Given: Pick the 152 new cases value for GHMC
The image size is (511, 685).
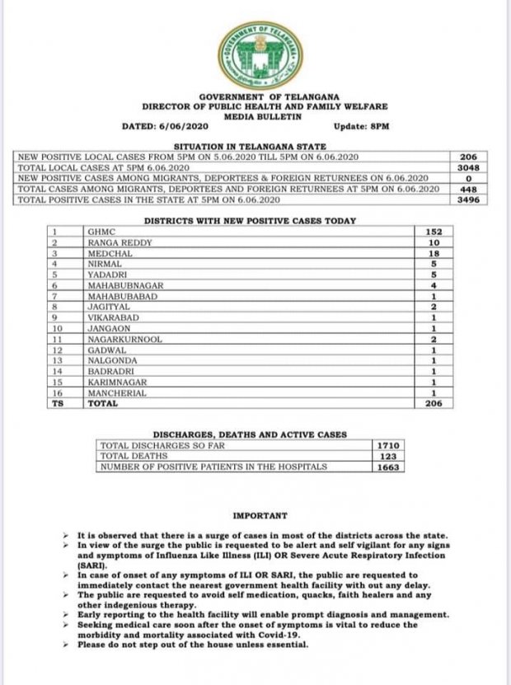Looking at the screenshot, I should (x=435, y=232).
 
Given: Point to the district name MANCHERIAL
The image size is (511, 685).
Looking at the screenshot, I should (x=118, y=392).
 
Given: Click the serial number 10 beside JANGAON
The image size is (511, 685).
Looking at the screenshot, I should (x=58, y=328).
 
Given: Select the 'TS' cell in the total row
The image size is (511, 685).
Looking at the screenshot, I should (x=58, y=404).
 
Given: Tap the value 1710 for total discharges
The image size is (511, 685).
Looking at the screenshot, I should (x=387, y=445).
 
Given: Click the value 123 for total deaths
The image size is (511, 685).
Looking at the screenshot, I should (x=387, y=456).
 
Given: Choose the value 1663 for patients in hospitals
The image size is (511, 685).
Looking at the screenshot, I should (x=387, y=467).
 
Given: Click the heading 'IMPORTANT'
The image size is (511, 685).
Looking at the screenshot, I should (x=260, y=516).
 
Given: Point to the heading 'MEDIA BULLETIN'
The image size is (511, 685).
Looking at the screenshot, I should (x=259, y=116).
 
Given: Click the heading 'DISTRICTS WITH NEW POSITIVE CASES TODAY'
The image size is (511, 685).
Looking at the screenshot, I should (x=250, y=221).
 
